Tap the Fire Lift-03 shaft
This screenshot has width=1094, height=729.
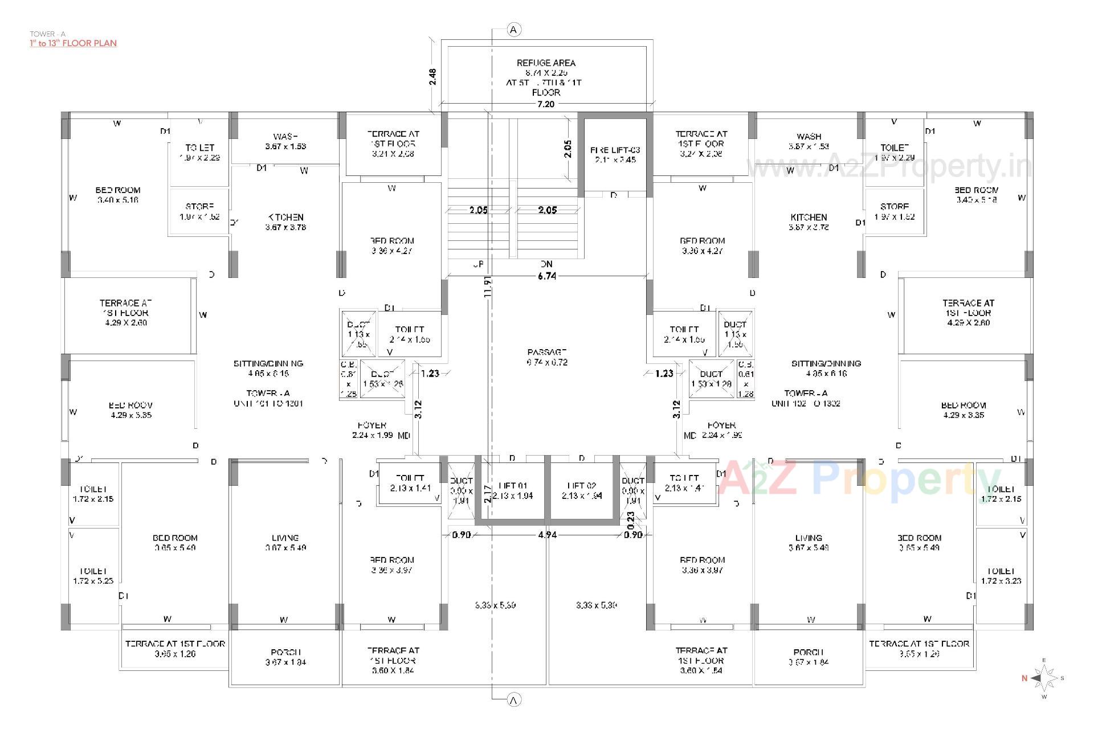[615, 154]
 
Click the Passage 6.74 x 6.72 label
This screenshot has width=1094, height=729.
[547, 357]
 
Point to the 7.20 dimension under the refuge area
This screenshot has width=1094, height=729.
[546, 104]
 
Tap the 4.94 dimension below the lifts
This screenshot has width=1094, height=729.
[547, 535]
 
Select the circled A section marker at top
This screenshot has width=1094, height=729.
[514, 30]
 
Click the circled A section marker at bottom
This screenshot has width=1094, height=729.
[514, 700]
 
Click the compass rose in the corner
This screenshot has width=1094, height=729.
[1044, 678]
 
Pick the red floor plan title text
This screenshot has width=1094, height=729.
[74, 43]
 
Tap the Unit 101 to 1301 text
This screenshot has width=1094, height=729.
[268, 403]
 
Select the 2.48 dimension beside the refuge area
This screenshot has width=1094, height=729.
[432, 76]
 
